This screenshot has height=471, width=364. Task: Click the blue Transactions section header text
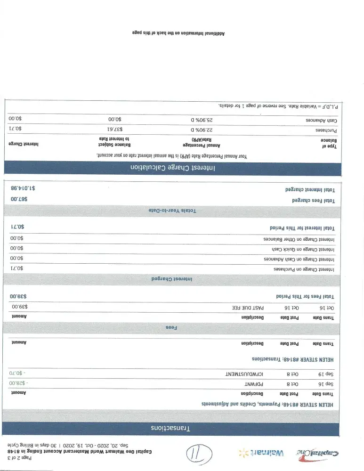pos(170,429)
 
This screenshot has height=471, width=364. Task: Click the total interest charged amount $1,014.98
pos(23,188)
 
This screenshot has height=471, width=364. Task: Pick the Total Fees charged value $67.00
pos(19,200)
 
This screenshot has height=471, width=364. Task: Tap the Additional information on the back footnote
pos(178,33)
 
